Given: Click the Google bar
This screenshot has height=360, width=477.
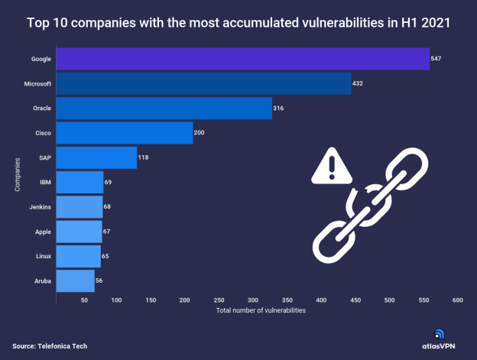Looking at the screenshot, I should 243,59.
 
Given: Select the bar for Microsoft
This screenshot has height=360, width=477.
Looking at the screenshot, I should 203,83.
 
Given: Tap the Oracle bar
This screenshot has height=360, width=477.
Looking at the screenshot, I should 164,108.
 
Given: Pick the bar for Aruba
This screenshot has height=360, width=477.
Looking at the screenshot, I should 76,281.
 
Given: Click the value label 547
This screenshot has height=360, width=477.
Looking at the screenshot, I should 436,59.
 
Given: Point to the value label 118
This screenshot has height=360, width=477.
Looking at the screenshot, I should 143,157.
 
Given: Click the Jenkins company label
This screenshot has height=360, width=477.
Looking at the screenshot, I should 41,206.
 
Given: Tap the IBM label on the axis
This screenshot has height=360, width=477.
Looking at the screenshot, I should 45,182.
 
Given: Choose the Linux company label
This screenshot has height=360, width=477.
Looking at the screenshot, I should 43,255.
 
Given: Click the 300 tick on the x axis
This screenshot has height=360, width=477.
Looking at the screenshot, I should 253,300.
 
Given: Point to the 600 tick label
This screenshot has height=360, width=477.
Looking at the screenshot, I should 458,300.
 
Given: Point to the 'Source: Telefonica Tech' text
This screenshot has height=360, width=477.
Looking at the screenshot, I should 50,346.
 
